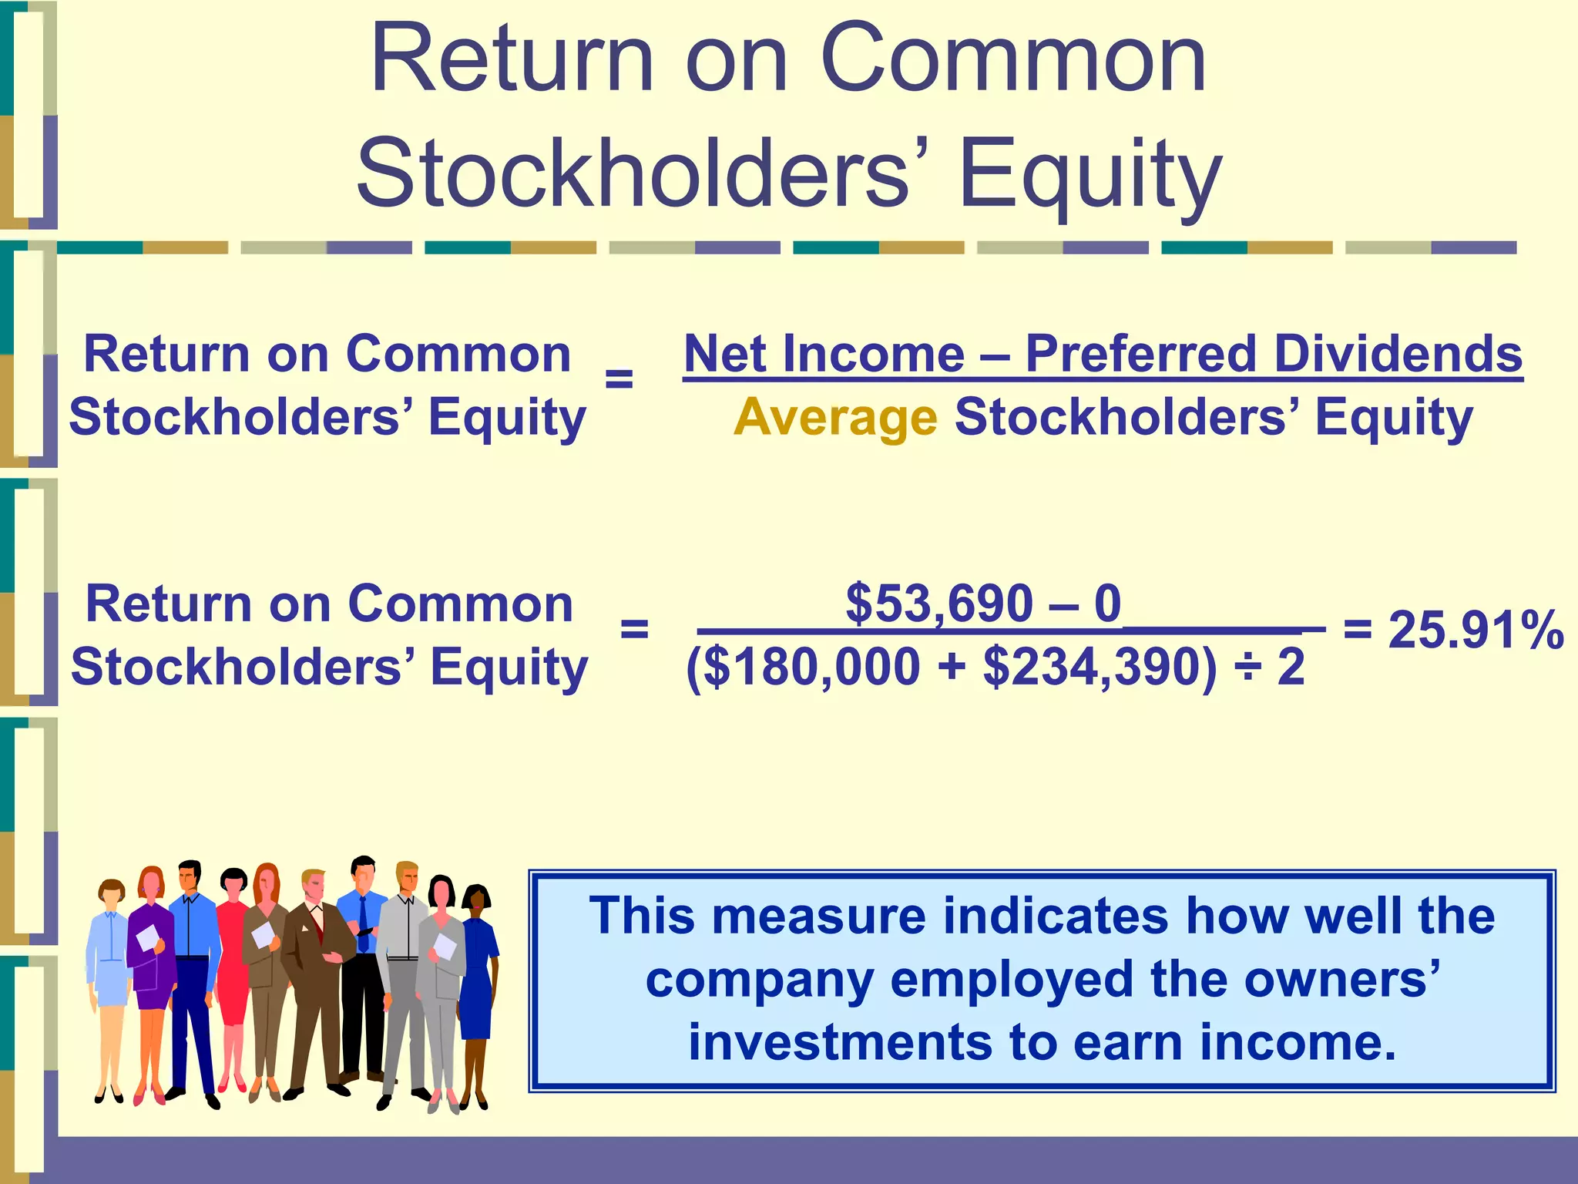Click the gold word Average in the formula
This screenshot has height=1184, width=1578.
coord(835,419)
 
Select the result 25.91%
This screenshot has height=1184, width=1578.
coord(1475,631)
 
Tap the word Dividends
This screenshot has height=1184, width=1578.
coord(1398,355)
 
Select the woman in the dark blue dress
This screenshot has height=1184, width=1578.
coord(478,979)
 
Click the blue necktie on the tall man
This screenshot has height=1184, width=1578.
coord(363,925)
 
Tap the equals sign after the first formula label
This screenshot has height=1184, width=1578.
coord(619,380)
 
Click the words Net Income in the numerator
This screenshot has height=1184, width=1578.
coord(824,355)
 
